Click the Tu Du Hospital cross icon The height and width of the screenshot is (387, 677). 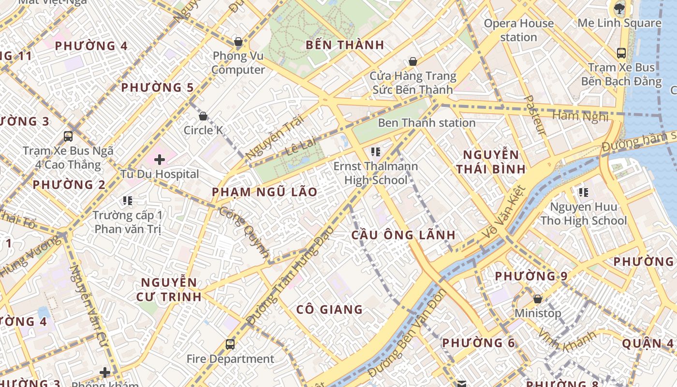coord(160,159)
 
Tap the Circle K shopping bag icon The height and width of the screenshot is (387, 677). coord(203,116)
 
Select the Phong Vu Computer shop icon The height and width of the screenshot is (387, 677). coord(238,42)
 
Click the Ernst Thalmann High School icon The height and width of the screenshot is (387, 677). coord(375,152)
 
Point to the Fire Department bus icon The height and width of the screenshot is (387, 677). coord(230,344)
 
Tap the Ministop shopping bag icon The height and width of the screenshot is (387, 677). coord(537,299)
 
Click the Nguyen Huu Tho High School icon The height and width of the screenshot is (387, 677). coord(584,193)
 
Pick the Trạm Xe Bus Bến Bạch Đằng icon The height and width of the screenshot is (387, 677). coord(621,53)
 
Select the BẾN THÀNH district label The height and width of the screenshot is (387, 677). coord(345,45)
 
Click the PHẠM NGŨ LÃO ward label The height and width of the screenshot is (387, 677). coord(265,192)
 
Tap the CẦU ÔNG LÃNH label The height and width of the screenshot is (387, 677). coord(403,235)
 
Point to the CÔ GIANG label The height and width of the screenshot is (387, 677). coord(329,310)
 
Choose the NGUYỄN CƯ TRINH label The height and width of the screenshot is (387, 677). coord(169,289)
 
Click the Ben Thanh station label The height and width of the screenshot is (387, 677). coord(427,123)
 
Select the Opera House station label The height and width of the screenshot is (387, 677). coord(519,30)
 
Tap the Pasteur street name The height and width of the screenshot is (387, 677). coord(535,115)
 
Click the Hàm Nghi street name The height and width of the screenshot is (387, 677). coord(580,116)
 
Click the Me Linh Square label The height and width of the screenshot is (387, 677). coord(619,23)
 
